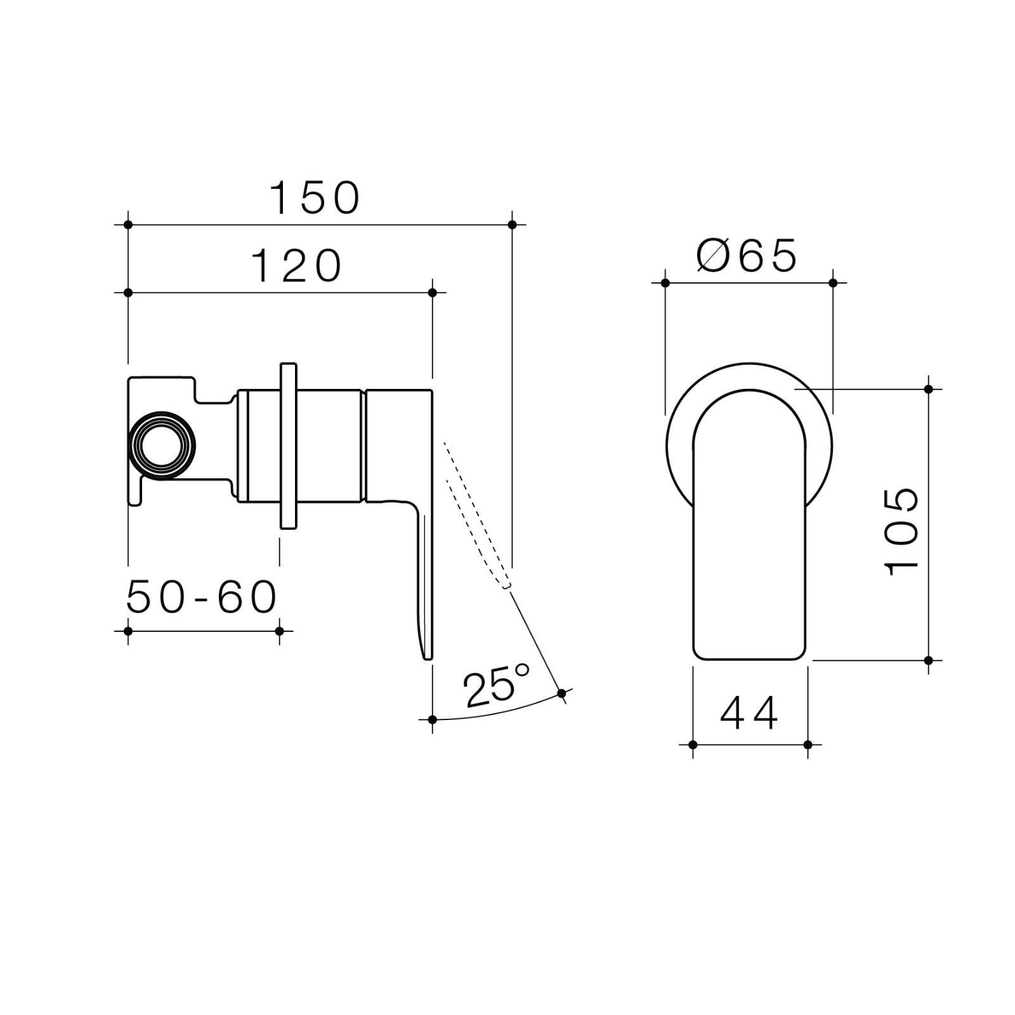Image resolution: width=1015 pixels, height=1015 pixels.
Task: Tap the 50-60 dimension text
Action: point(202,597)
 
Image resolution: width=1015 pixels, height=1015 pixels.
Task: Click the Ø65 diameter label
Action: point(746,256)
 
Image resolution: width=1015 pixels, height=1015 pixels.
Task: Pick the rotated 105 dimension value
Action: point(901,531)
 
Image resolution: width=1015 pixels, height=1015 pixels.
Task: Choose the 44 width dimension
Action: point(749,714)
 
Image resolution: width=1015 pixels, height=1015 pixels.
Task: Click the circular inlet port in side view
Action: point(161,445)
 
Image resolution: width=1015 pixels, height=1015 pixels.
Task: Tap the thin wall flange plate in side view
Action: point(288,445)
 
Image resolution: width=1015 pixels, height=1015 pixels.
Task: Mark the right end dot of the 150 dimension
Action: point(513,225)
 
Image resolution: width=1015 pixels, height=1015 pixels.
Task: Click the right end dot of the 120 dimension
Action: point(433,292)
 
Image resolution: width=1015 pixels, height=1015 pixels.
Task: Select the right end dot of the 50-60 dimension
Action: point(280,631)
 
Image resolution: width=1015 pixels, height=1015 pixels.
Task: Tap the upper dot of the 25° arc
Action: point(561,693)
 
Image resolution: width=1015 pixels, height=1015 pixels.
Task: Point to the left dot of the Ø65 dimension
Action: point(665,283)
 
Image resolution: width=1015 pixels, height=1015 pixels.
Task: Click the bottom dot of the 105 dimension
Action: point(929,660)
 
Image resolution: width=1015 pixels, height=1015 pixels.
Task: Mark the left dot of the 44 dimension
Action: point(693,745)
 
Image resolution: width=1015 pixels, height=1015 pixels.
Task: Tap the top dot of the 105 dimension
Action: point(929,389)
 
